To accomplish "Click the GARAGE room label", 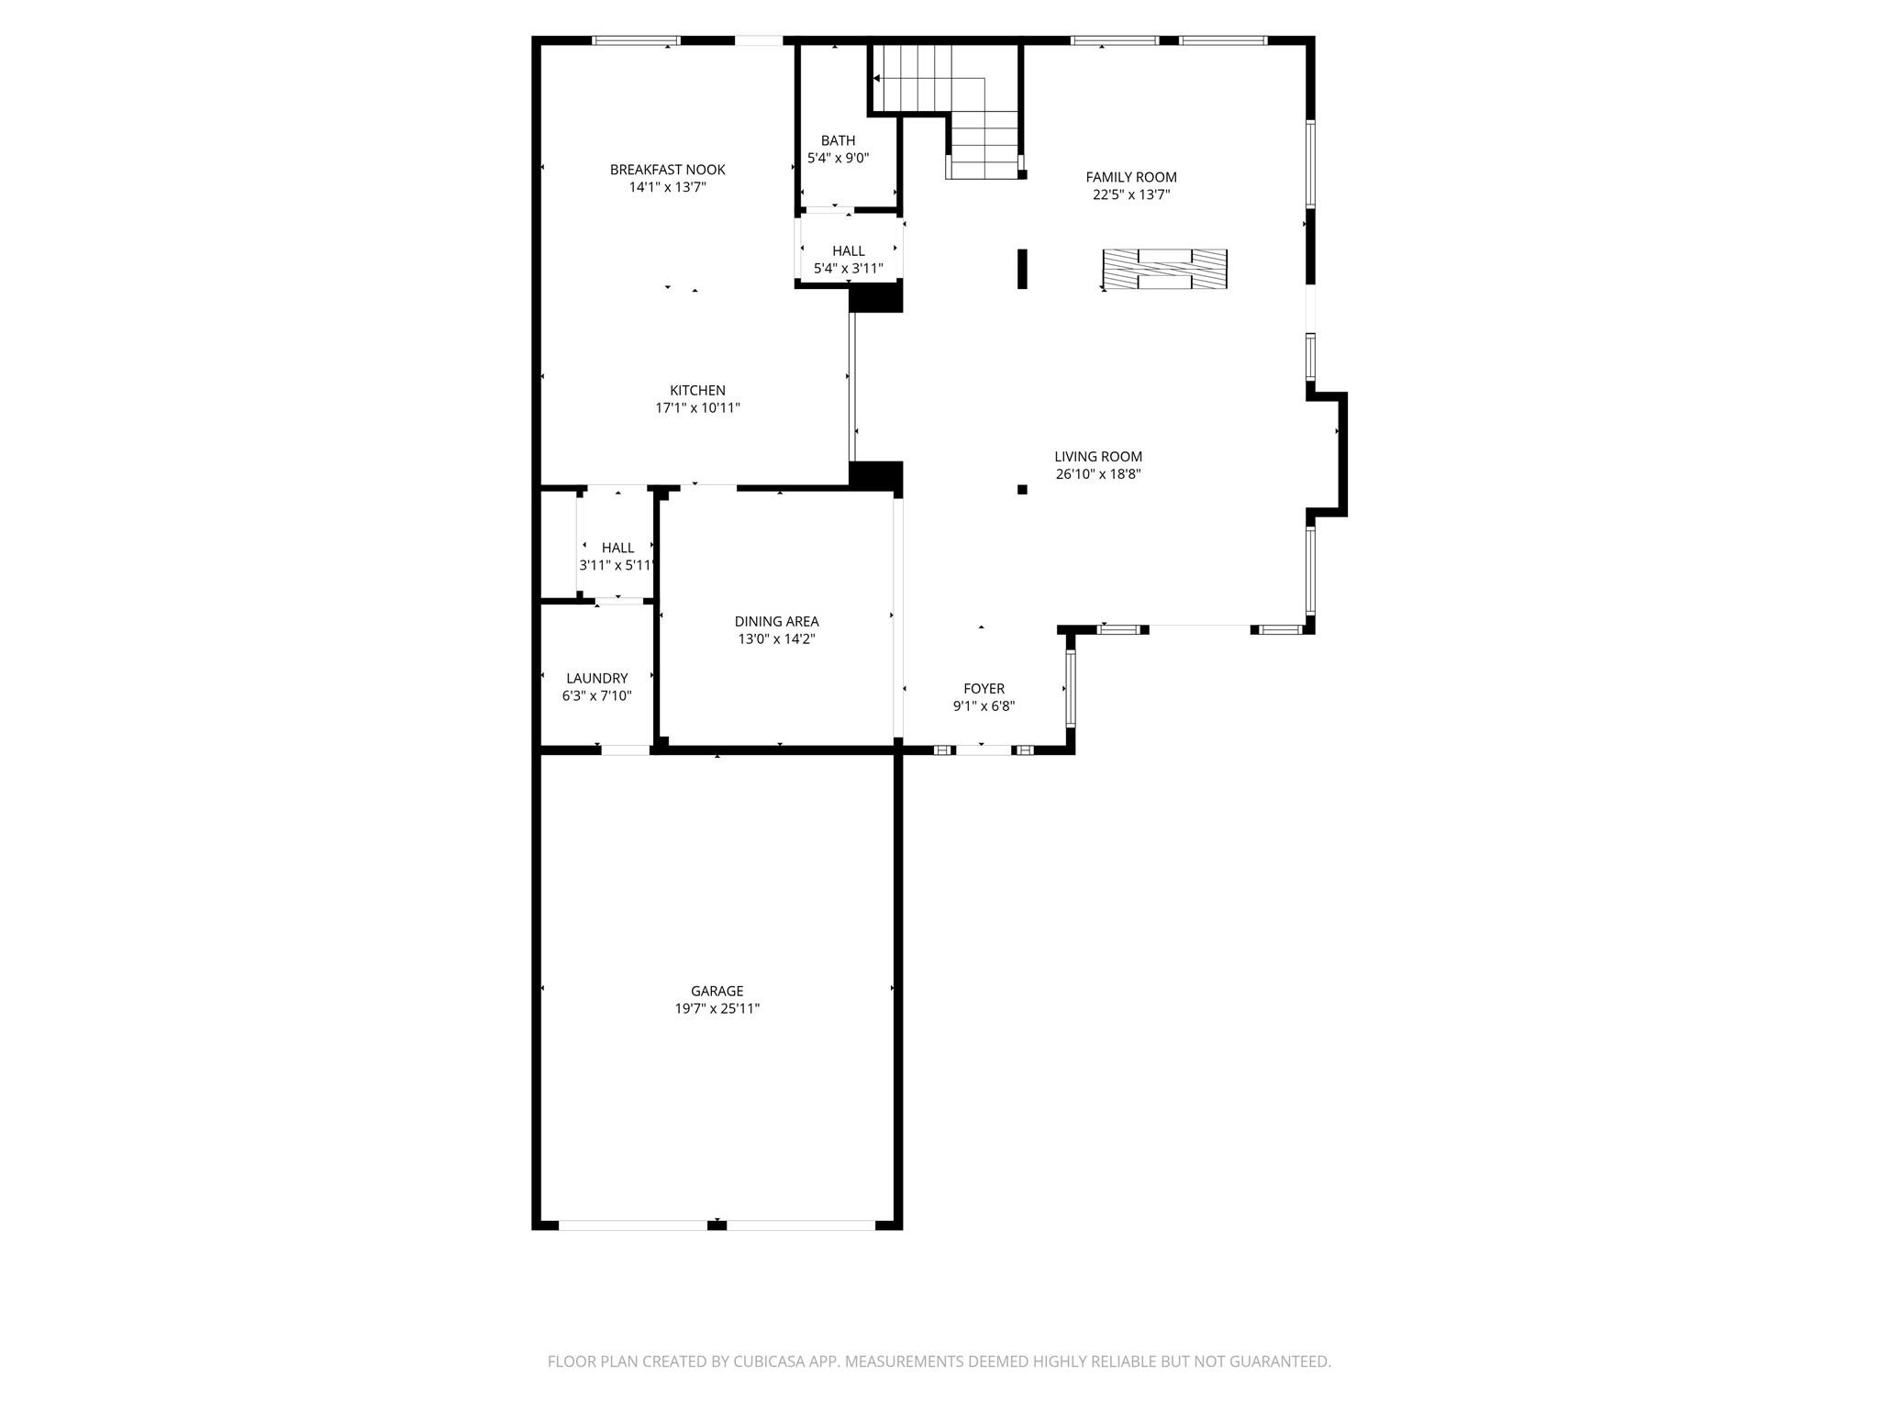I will pos(717,991).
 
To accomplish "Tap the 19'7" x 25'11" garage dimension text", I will pos(717,1009).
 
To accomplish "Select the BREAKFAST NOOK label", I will pos(667,170).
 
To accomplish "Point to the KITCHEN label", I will pos(697,391).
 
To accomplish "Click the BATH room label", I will pos(838,140).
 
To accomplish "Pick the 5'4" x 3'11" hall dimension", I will pos(848,269).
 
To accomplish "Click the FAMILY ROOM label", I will pos(1130,177).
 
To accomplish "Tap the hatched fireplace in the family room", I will pos(1164,270).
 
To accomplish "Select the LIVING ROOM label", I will pos(1097,457).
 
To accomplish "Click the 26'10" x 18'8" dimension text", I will pos(1097,474).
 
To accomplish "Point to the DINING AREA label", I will pos(776,622).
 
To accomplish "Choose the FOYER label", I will pos(984,689).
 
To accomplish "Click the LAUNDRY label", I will pos(596,679).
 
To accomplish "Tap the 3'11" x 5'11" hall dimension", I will pos(617,566).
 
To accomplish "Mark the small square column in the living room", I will pos(1022,490).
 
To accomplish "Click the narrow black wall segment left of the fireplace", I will pos(1022,269).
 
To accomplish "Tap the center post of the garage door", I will pos(717,1225).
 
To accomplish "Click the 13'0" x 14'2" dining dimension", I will pos(776,639).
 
